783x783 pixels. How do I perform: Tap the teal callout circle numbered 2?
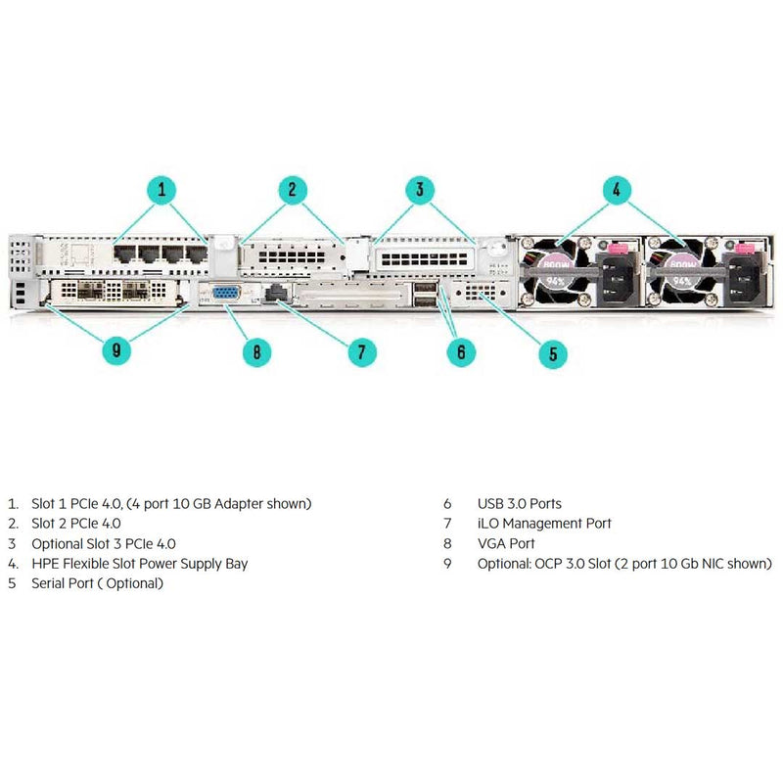click(x=291, y=190)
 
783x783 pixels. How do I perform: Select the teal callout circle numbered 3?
click(x=419, y=190)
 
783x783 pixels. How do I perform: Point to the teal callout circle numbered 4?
click(x=616, y=190)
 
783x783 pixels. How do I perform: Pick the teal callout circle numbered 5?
click(x=551, y=352)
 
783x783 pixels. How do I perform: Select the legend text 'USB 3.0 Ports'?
click(x=519, y=503)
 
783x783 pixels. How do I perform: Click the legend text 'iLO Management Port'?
click(x=544, y=524)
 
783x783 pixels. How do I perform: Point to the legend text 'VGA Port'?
click(x=506, y=543)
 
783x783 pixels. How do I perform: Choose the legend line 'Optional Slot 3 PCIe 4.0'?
click(x=104, y=543)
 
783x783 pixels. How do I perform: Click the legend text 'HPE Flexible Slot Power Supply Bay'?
click(x=140, y=564)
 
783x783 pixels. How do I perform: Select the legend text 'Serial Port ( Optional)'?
click(x=98, y=583)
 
